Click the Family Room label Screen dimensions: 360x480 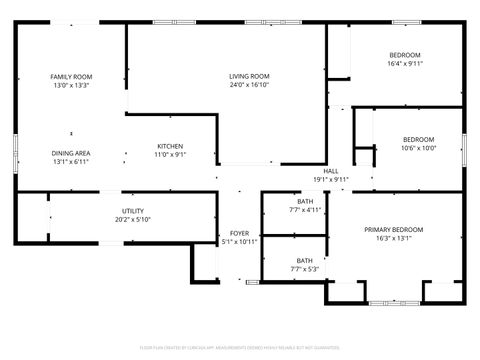(71, 77)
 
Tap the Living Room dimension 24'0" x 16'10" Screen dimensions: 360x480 (249, 85)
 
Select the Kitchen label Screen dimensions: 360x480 (170, 146)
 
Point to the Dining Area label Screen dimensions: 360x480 (71, 153)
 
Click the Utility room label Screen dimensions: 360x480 (132, 211)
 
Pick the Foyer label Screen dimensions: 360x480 (238, 233)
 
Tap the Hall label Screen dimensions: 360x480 (331, 171)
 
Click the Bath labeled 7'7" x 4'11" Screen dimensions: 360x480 (305, 201)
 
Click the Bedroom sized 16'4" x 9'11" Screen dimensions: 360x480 (404, 55)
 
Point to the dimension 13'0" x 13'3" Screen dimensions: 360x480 (71, 86)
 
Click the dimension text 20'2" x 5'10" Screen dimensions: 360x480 (132, 220)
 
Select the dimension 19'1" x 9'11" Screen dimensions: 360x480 (331, 181)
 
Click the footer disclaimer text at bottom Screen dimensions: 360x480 (240, 348)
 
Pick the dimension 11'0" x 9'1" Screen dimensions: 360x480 (170, 155)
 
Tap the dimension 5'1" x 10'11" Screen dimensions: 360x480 (238, 242)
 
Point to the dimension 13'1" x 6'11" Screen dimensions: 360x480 (71, 162)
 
